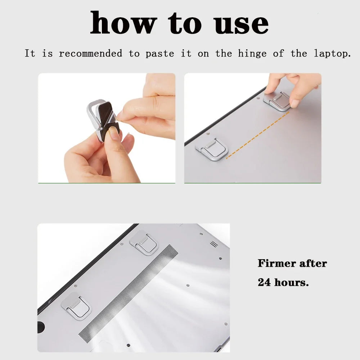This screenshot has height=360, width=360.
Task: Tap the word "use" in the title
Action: (x=241, y=24)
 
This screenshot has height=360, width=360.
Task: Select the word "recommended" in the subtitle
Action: (x=91, y=54)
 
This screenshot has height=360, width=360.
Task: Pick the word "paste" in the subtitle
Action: (x=160, y=54)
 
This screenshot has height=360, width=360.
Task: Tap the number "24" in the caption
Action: (x=264, y=282)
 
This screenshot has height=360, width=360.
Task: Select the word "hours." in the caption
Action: (x=292, y=282)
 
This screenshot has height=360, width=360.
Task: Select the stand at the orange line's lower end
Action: (x=210, y=148)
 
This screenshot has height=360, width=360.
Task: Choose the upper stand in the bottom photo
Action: (x=144, y=242)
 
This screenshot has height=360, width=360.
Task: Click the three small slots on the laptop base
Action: (x=214, y=244)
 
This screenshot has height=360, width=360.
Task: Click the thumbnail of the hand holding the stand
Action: (x=107, y=128)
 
